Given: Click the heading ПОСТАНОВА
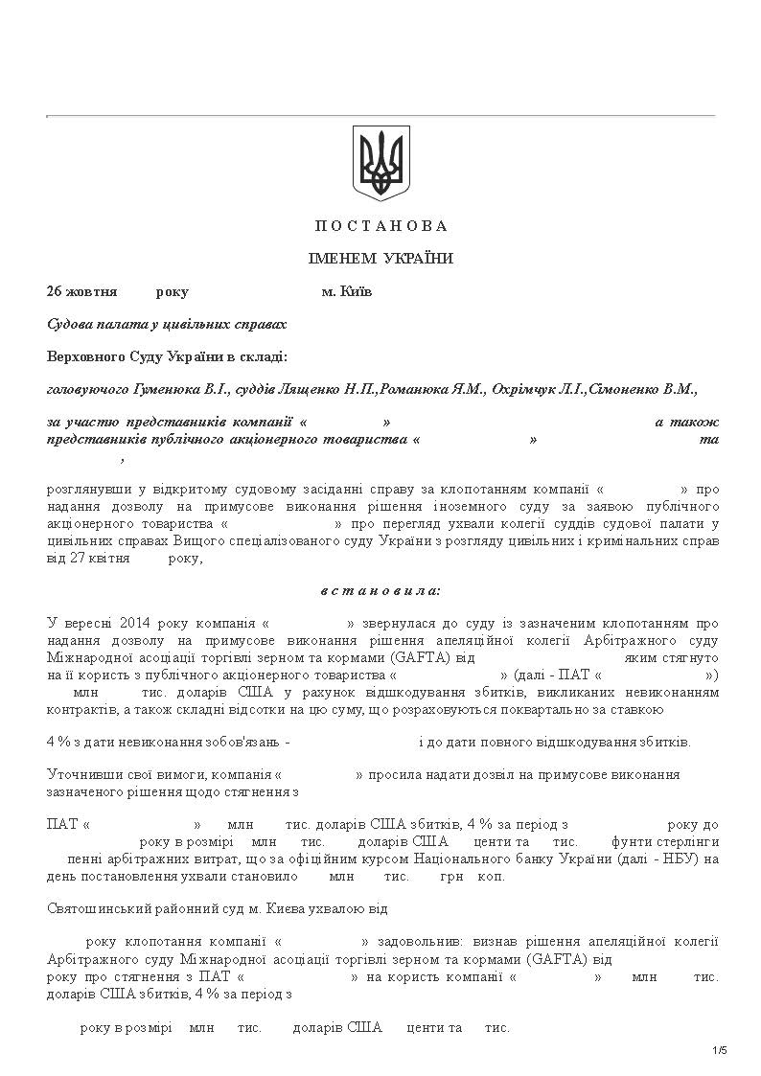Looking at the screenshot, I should [381, 226].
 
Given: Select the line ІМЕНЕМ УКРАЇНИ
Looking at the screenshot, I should [380, 259].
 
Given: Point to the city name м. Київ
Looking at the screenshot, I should [347, 291].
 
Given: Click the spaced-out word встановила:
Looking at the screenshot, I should [381, 590].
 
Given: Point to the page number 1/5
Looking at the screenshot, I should [720, 1051].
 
